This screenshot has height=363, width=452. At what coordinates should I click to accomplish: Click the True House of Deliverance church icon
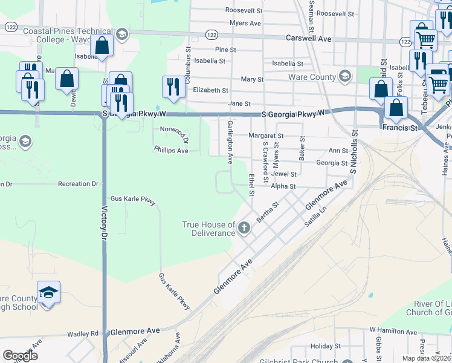(244, 228)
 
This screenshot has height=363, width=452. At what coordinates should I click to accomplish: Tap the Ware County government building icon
(345, 77)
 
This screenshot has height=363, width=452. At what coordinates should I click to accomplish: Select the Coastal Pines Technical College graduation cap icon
(121, 34)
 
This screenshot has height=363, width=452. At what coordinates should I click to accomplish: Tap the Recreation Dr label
(77, 183)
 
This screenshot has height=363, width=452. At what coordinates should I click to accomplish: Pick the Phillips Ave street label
(171, 149)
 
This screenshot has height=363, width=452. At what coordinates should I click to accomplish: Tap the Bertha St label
(267, 212)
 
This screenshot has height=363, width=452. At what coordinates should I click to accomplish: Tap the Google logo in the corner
(20, 356)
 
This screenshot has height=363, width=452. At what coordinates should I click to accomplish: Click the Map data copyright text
(427, 358)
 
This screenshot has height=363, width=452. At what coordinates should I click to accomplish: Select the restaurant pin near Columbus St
(173, 86)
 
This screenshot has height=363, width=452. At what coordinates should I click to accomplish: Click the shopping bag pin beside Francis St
(396, 108)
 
